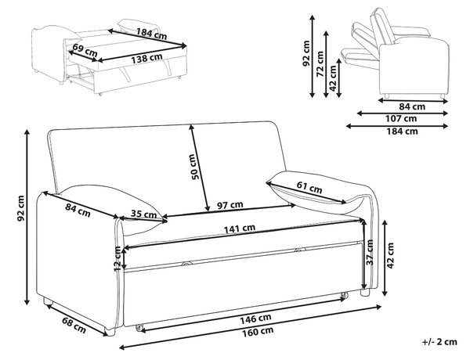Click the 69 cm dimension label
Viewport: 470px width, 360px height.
pos(85,50)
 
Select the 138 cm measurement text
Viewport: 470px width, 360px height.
pos(146,58)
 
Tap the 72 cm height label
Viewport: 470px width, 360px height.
pos(320,64)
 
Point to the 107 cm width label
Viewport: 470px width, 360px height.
pos(401,119)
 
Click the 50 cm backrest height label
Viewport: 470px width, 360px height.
pos(195,167)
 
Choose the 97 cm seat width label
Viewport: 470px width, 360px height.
pos(230,205)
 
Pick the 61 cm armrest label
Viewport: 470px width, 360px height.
pos(309,188)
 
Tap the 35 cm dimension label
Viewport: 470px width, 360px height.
pos(143,214)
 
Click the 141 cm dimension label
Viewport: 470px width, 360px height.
pos(240,229)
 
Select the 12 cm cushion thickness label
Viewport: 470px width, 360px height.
pos(118,258)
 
